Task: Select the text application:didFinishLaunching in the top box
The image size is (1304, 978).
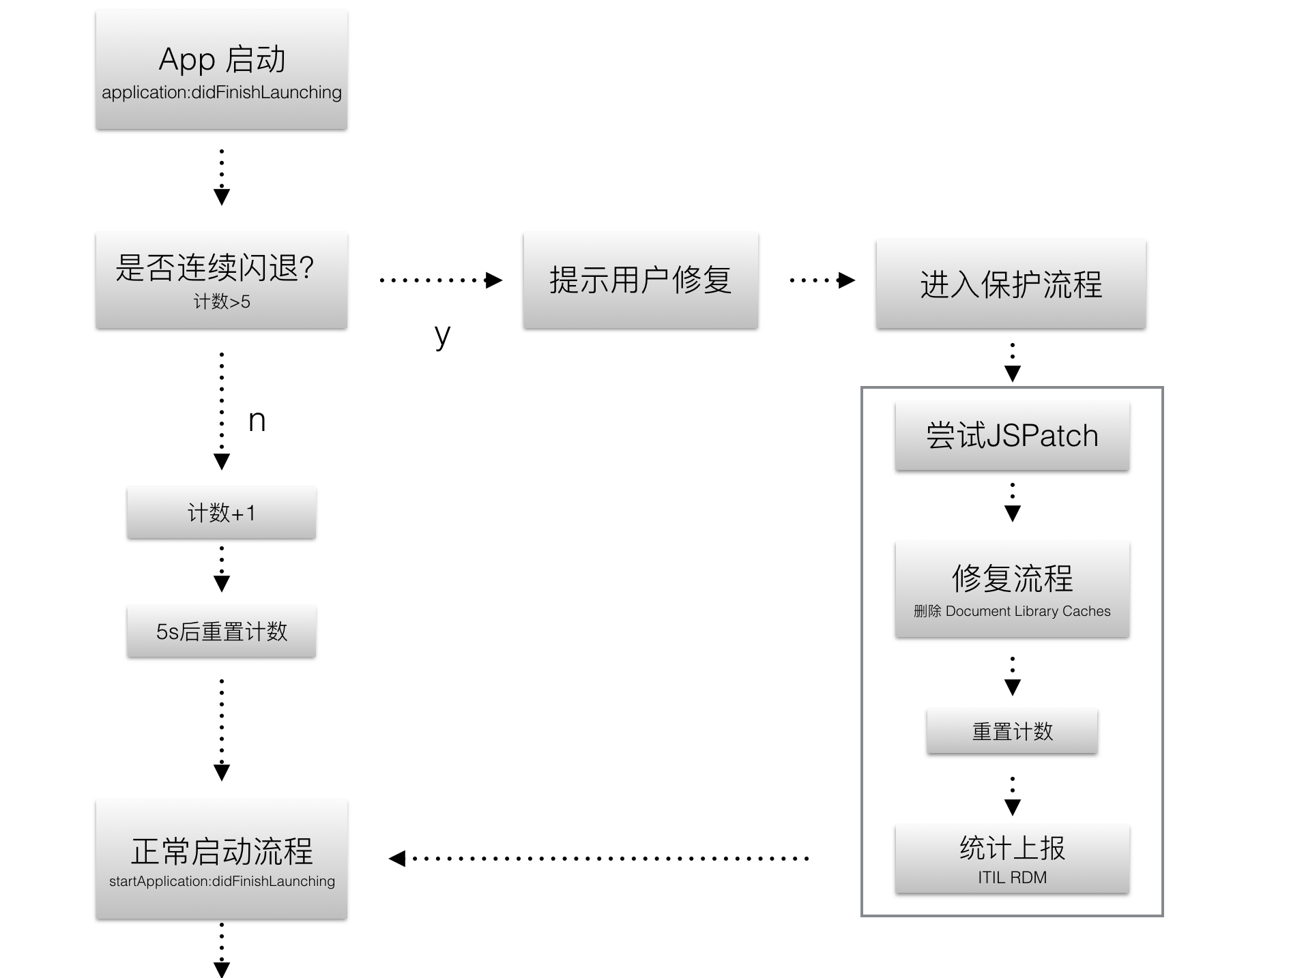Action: point(221,93)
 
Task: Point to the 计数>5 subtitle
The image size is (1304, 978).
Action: point(221,301)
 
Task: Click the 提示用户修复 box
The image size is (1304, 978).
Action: point(640,280)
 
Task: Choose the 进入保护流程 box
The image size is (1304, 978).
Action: point(1011,284)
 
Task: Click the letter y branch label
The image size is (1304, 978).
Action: point(442,335)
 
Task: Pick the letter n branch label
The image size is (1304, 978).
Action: point(257,421)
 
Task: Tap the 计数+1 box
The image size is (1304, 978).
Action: point(221,513)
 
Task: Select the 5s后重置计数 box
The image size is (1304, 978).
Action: point(221,632)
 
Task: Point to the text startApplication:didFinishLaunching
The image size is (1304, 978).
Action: point(221,881)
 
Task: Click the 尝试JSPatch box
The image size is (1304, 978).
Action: point(1012,436)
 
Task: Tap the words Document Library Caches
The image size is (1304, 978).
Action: point(1028,611)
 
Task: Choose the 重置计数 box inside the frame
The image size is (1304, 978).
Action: point(1012,732)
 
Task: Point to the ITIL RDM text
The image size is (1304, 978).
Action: point(1012,878)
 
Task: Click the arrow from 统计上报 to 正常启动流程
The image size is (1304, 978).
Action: point(600,858)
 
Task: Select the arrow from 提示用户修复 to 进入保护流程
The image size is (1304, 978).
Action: point(821,280)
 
